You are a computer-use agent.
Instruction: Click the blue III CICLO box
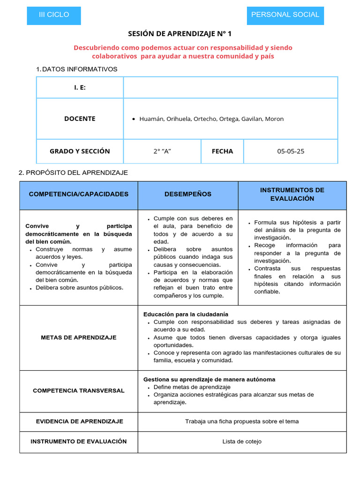point(54,15)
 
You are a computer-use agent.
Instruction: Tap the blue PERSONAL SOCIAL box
point(285,15)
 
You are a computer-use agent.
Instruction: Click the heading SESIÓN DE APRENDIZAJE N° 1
point(180,34)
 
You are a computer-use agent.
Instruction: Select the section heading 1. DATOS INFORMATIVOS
point(77,69)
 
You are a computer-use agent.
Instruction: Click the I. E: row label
point(80,88)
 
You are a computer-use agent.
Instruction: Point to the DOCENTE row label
point(80,119)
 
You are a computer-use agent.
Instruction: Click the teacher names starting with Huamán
point(211,119)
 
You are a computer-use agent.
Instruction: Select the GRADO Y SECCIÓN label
point(80,151)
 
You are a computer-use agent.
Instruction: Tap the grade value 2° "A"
point(162,151)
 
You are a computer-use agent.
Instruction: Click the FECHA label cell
point(222,151)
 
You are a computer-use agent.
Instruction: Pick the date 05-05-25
point(290,151)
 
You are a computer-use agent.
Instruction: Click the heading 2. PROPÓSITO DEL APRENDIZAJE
point(73,172)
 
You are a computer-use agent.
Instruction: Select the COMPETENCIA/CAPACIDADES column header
point(78,194)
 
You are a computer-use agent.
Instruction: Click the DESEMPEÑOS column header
point(187,194)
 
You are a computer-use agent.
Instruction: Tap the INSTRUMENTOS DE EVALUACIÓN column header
point(292,194)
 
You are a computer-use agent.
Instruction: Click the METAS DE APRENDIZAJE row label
point(78,337)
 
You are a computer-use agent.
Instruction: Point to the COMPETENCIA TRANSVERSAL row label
point(78,390)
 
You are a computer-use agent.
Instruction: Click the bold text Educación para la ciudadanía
point(186,314)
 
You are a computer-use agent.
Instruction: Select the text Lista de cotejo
point(242,442)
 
